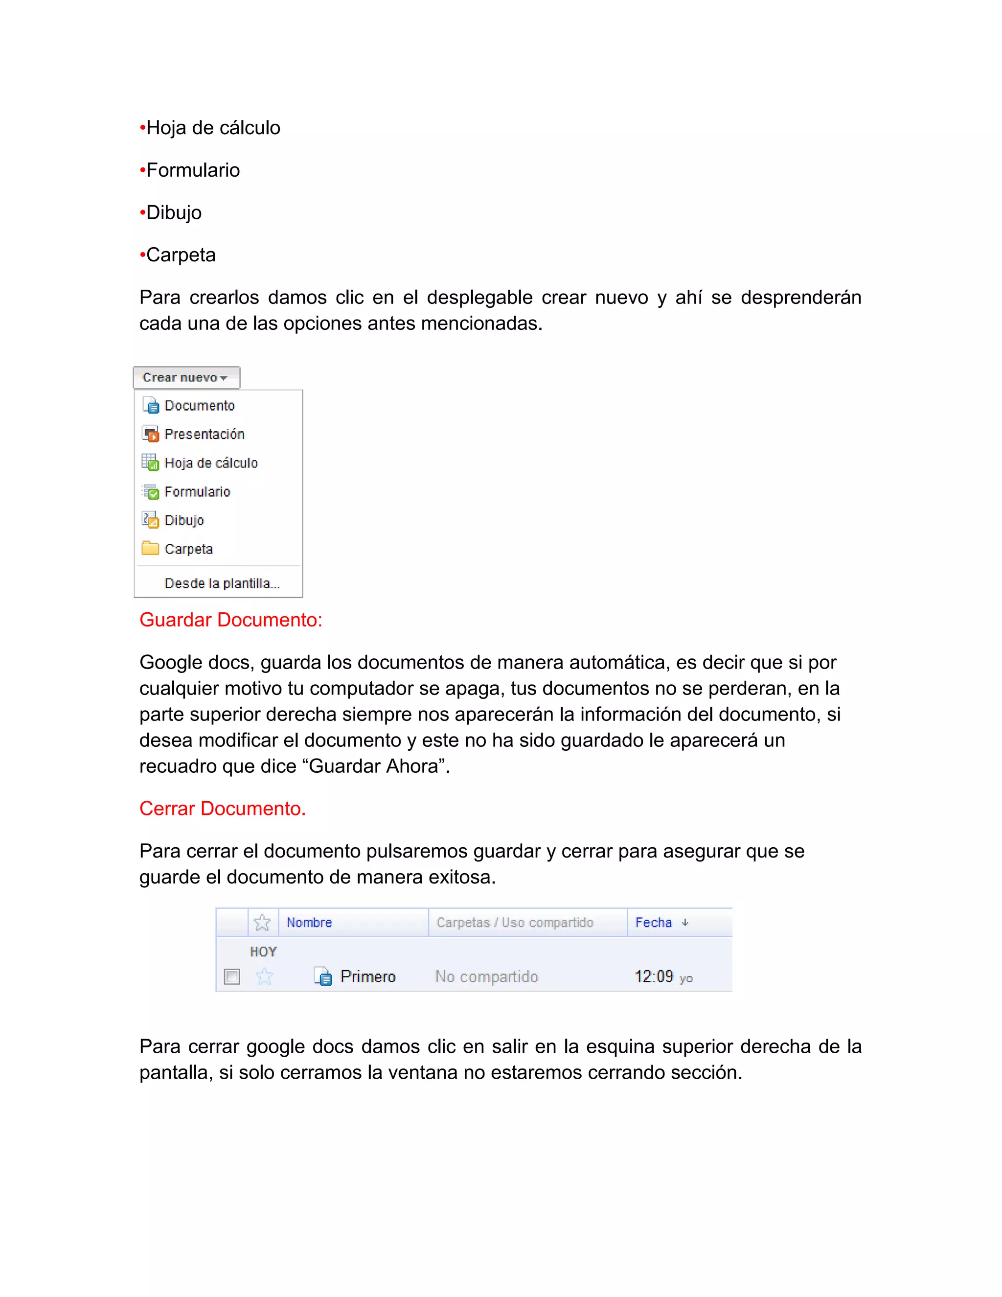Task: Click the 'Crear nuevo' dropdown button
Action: [186, 378]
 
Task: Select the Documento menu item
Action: [200, 406]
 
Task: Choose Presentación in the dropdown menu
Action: [204, 434]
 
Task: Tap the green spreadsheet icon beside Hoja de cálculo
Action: [150, 463]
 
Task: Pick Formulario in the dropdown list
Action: [197, 492]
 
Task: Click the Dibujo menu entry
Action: [184, 520]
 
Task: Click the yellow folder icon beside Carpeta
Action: [150, 548]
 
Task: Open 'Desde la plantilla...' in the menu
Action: [222, 583]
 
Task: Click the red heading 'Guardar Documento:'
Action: [231, 620]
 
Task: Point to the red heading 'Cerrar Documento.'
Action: [223, 808]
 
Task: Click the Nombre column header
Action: [309, 922]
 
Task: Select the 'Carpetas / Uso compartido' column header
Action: [515, 922]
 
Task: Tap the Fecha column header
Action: [654, 922]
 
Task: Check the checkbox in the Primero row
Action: [232, 976]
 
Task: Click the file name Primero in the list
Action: [367, 976]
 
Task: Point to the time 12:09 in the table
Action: [654, 976]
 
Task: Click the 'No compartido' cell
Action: [486, 976]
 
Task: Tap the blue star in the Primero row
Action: [265, 976]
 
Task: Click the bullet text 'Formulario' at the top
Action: [193, 170]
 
